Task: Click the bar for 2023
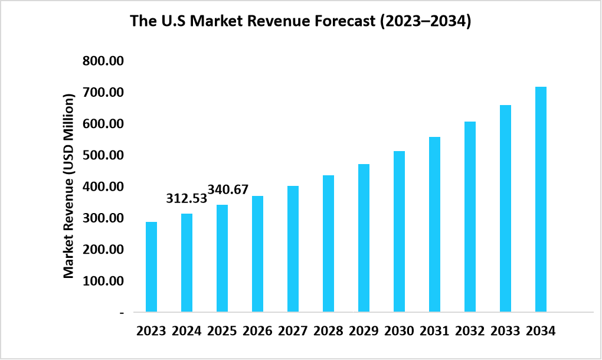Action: (x=152, y=267)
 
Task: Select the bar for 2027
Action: (x=293, y=248)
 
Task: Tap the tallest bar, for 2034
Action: (x=541, y=199)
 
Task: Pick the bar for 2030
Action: (x=400, y=231)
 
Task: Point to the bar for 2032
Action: (x=470, y=217)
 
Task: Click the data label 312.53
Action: (x=187, y=198)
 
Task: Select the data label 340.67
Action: (x=228, y=190)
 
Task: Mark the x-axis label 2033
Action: (x=505, y=331)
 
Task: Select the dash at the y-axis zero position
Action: (x=122, y=312)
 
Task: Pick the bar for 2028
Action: (x=329, y=243)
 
